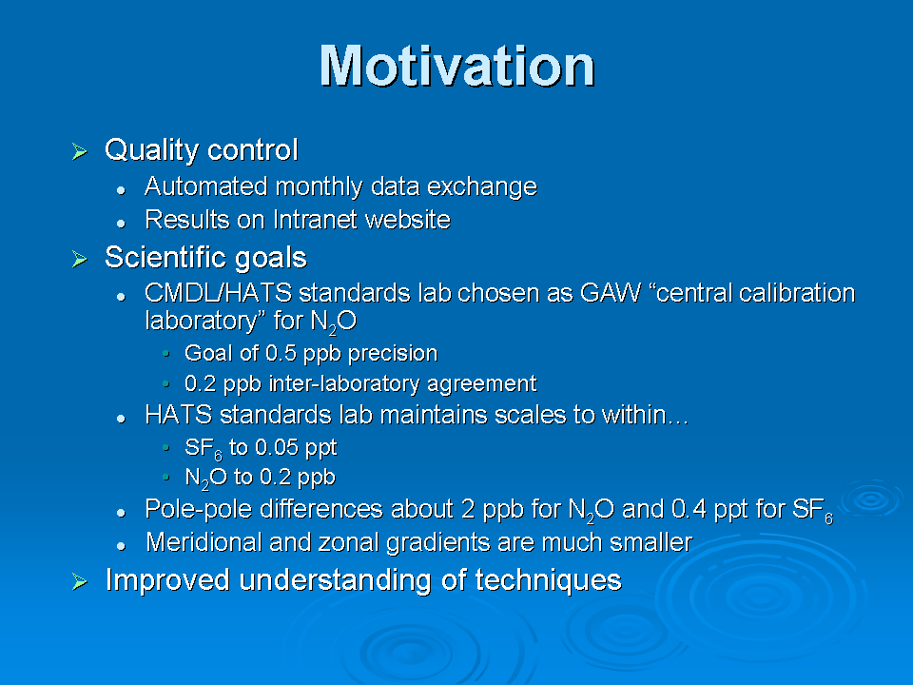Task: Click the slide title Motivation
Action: pyautogui.click(x=457, y=66)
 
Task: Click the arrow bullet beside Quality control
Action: pyautogui.click(x=79, y=151)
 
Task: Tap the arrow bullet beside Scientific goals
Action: pyautogui.click(x=79, y=259)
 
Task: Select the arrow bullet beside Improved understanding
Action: pyautogui.click(x=79, y=581)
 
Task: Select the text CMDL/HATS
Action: pyautogui.click(x=219, y=293)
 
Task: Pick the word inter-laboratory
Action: pyautogui.click(x=344, y=383)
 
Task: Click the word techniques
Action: pyautogui.click(x=548, y=580)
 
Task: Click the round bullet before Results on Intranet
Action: pyautogui.click(x=121, y=223)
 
